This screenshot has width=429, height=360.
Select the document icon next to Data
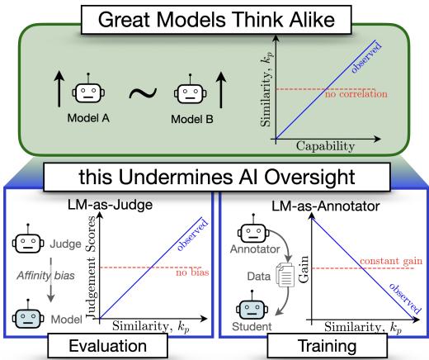pos(284,282)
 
